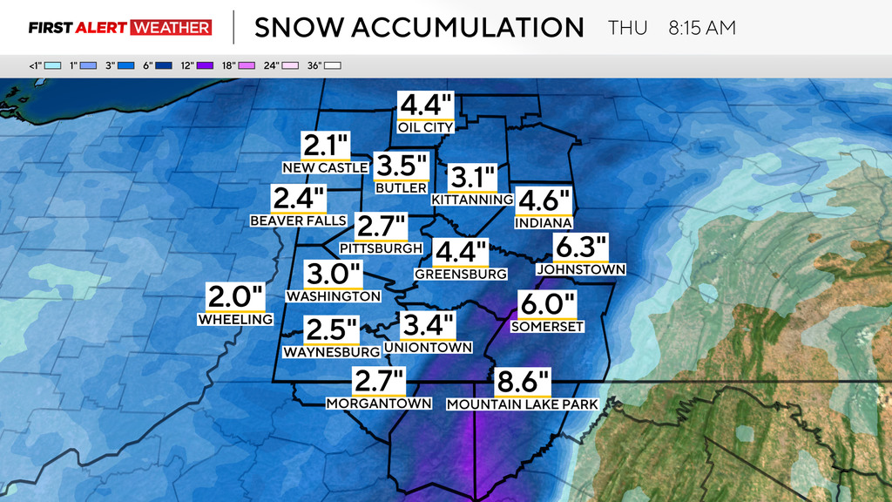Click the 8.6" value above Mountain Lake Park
524,382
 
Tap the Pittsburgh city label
381,248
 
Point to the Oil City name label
425,127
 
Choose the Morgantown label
379,404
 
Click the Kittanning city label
472,200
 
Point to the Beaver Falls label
298,220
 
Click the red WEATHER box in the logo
172,28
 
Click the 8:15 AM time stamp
702,28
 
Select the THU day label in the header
627,28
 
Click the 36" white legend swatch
333,65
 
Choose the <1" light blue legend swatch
52,65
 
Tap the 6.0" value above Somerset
548,305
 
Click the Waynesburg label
331,352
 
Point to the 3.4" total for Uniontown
428,327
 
